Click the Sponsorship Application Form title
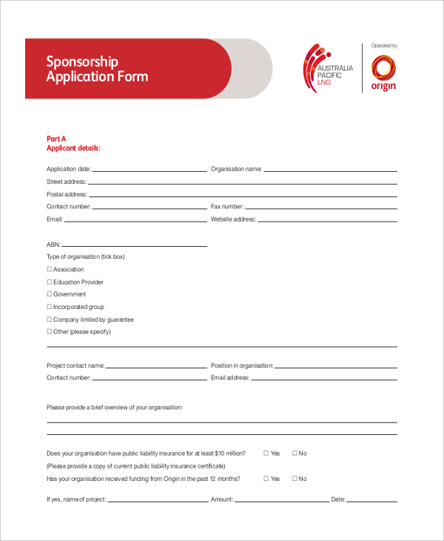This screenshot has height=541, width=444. pyautogui.click(x=97, y=69)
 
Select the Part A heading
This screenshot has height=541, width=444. pyautogui.click(x=57, y=139)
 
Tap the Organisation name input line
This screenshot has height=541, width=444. pyautogui.click(x=330, y=170)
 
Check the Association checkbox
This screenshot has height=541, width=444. pyautogui.click(x=50, y=270)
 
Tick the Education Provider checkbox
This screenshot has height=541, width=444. pyautogui.click(x=50, y=282)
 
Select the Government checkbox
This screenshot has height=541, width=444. pyautogui.click(x=50, y=294)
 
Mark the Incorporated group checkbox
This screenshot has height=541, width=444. pyautogui.click(x=50, y=307)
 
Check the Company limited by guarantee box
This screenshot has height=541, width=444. pyautogui.click(x=50, y=319)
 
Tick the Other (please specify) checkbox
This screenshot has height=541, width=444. pyautogui.click(x=50, y=332)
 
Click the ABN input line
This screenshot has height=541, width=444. pyautogui.click(x=135, y=245)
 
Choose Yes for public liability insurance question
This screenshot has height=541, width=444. pyautogui.click(x=266, y=454)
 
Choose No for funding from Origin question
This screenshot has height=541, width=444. pyautogui.click(x=295, y=479)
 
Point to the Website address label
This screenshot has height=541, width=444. pyautogui.click(x=233, y=219)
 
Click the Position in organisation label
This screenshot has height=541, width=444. pyautogui.click(x=242, y=365)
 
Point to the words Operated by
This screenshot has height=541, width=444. pyautogui.click(x=384, y=46)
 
